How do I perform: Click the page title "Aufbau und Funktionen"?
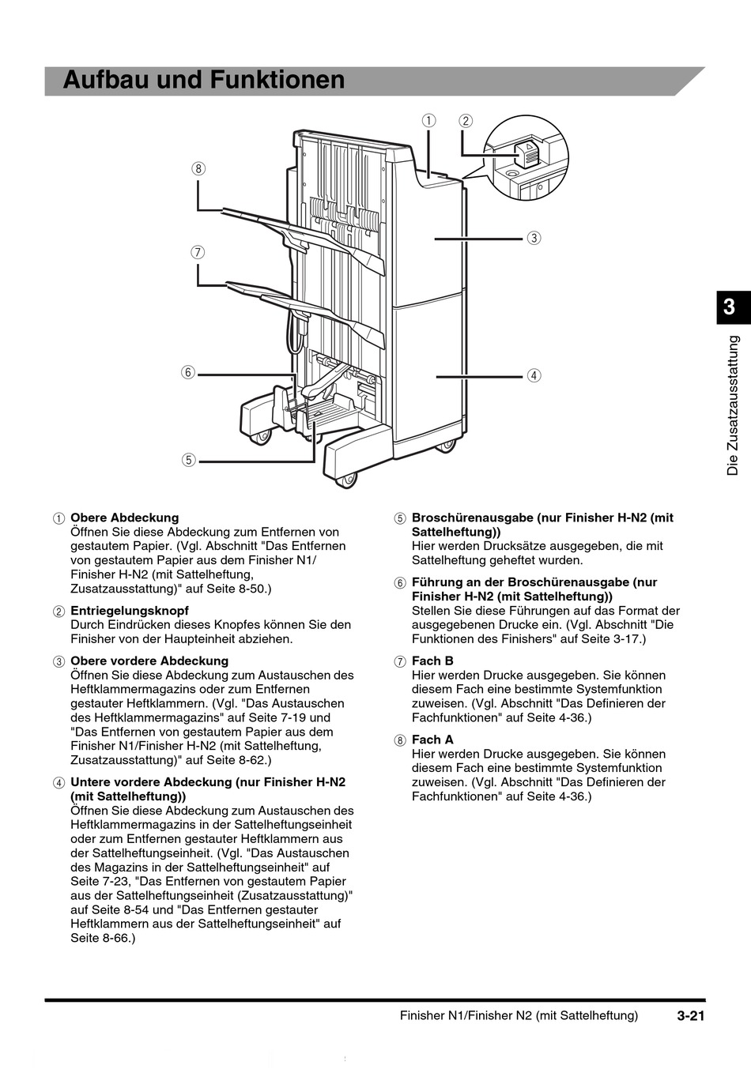[x=204, y=81]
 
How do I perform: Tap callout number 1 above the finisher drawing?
[x=428, y=121]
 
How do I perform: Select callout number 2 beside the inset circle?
[x=466, y=121]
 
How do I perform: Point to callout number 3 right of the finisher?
[x=534, y=238]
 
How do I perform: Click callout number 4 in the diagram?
[x=534, y=375]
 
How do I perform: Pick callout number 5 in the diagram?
[x=188, y=460]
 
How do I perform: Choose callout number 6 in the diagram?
[x=187, y=372]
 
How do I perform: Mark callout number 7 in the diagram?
[x=198, y=253]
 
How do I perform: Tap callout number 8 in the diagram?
[x=198, y=168]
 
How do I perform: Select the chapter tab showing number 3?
[x=730, y=307]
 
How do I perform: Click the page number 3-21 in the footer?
[x=689, y=1016]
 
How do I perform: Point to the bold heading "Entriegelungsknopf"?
[x=130, y=611]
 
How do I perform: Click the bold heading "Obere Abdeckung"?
[x=125, y=518]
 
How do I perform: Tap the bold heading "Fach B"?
[x=432, y=661]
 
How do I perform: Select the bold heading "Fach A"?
[x=432, y=740]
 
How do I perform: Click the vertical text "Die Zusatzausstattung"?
[x=733, y=405]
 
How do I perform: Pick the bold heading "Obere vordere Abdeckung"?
[x=149, y=661]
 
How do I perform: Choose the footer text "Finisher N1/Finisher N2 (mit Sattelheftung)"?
[x=519, y=1016]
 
